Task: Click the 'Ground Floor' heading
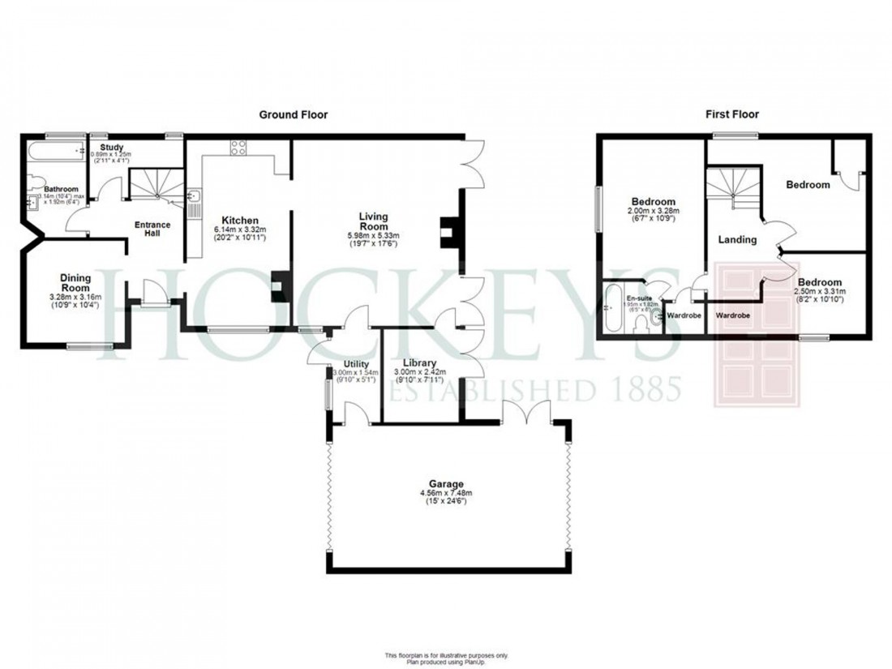[x=293, y=115]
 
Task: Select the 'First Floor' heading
[x=731, y=115]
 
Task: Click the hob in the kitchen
[x=238, y=147]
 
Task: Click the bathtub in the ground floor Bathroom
[x=55, y=151]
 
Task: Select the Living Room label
[x=375, y=222]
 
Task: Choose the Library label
[x=421, y=362]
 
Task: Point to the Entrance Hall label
[x=152, y=229]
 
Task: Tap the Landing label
[x=737, y=239]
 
